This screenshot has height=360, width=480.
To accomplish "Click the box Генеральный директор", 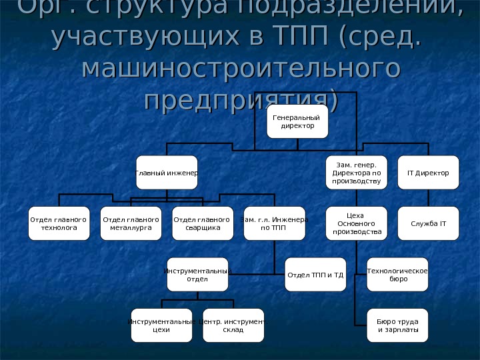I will (x=297, y=121).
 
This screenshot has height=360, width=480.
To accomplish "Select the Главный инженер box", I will (x=167, y=173).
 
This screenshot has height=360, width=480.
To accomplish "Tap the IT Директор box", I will (x=428, y=173).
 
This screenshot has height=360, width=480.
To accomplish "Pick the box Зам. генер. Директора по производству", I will (x=356, y=173).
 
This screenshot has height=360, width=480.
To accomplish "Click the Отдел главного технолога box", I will (x=59, y=223).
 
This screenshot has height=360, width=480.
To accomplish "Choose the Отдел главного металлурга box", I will (x=131, y=223).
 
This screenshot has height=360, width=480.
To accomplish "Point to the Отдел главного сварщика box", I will (x=202, y=223).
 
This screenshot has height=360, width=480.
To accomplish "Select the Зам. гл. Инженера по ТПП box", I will (x=274, y=223).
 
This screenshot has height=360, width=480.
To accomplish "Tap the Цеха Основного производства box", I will (x=356, y=223).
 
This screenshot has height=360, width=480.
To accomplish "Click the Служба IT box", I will (x=428, y=223).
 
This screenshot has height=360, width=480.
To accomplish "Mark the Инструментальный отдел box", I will (x=197, y=274).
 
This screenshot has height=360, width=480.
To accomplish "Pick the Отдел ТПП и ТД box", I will (x=315, y=274).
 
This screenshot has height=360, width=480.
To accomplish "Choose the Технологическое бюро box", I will (x=397, y=274).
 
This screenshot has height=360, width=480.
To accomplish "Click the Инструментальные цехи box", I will (x=161, y=325).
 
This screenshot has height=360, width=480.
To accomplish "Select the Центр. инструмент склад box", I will (x=233, y=325).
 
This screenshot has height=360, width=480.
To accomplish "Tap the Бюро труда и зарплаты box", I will (x=397, y=325).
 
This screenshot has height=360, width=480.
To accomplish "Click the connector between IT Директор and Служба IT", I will (x=428, y=198).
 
